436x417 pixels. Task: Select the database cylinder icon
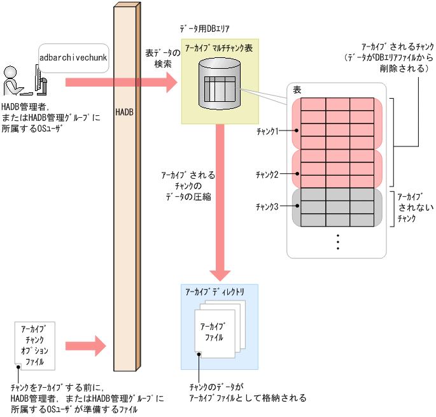(218, 83)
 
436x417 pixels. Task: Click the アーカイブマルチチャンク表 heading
(218, 48)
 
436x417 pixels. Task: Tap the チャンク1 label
(267, 131)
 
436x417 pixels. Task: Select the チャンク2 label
(267, 174)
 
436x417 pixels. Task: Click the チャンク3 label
(267, 206)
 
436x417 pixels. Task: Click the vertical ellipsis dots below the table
(338, 242)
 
